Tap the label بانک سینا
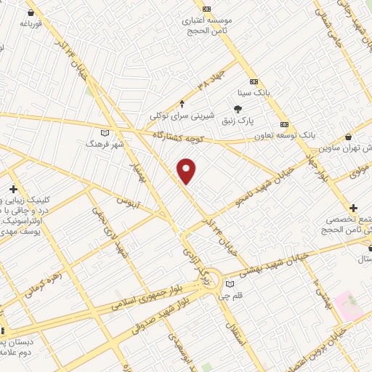[254, 93]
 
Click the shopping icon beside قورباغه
[31, 12]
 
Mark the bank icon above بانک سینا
[254, 81]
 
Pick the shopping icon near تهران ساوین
[349, 136]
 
